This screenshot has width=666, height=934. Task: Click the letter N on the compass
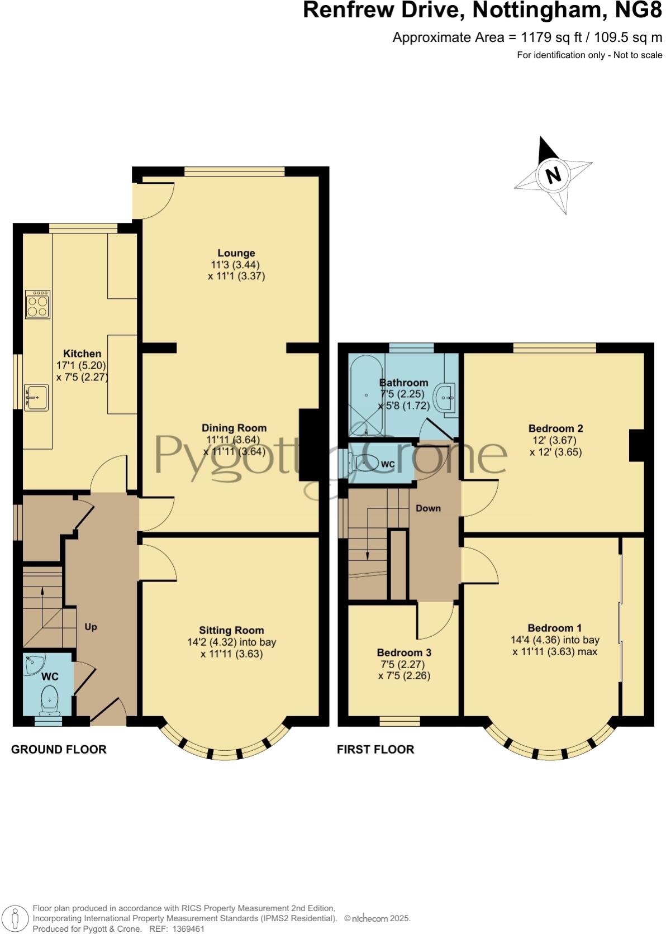coord(553,175)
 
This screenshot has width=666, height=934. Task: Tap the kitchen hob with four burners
coord(37,304)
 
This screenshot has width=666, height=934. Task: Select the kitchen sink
coord(36,398)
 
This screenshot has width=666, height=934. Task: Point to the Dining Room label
coord(234,428)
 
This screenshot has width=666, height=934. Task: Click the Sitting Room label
coord(231,631)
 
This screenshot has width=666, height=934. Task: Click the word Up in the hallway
coord(91,627)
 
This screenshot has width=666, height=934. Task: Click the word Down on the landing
coord(428,508)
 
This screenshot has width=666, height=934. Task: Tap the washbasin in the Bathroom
coord(445,398)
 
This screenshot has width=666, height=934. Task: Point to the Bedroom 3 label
coord(404,652)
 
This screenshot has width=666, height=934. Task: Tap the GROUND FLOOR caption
coord(59,750)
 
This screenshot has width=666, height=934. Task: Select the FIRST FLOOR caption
coord(375,750)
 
